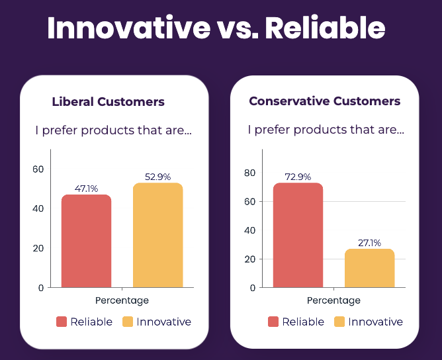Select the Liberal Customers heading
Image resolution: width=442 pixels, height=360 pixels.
[x=109, y=102]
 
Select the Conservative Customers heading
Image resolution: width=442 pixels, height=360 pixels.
[x=325, y=101]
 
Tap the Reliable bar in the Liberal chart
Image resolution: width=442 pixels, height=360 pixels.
[x=86, y=242]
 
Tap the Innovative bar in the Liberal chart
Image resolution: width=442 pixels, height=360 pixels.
[x=157, y=236]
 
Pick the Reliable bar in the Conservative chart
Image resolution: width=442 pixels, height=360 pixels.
[x=298, y=236]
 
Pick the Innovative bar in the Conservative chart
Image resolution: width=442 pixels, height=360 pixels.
[x=369, y=268]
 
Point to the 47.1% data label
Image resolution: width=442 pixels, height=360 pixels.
[x=86, y=189]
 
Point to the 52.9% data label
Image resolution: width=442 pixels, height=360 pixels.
[x=157, y=177]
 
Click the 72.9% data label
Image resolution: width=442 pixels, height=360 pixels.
[x=298, y=177]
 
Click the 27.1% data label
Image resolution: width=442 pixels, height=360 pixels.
[x=369, y=243]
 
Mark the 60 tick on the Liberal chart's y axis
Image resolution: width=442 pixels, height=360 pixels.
[x=38, y=169]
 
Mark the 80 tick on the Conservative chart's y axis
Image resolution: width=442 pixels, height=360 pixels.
[x=249, y=173]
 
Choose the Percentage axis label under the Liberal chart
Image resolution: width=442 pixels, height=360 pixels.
[x=122, y=300]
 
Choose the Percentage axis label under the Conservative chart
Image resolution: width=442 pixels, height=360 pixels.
[x=333, y=300]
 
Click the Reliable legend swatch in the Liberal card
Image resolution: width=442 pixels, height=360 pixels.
[x=62, y=322]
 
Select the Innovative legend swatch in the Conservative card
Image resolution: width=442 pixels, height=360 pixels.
[x=339, y=322]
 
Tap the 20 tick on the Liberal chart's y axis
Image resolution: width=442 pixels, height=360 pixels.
[x=38, y=248]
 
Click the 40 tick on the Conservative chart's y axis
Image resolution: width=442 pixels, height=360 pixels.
[x=249, y=230]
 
